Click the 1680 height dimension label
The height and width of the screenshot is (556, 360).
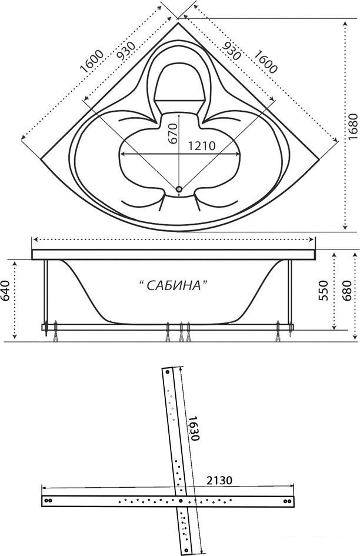coord(352,127)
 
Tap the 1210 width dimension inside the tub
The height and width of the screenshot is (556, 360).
coord(201,146)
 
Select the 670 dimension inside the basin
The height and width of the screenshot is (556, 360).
coord(172,134)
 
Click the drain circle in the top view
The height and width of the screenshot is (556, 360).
coord(179,189)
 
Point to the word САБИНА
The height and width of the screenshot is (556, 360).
coord(173,285)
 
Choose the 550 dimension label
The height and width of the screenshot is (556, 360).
coord(323,291)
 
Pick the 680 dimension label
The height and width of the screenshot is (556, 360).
coord(346,291)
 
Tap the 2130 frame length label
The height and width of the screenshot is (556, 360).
coord(219,480)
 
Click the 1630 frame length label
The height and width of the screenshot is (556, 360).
coord(194,428)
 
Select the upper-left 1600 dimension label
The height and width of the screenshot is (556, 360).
coord(92,61)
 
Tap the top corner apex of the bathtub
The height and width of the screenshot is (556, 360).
coord(178,23)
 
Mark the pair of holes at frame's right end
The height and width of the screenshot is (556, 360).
coord(288,501)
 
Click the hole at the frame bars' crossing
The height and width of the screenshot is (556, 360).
coord(181,501)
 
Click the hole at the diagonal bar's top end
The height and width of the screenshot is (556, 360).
coord(166,372)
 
